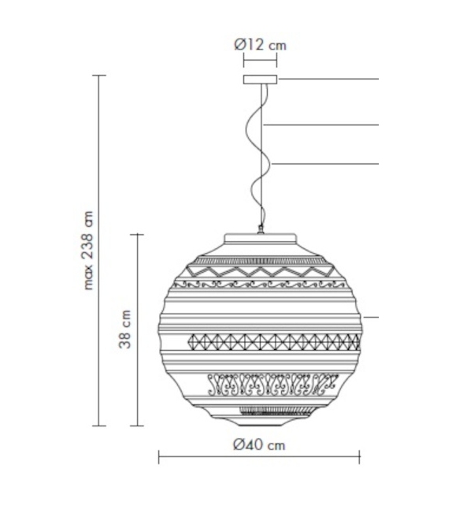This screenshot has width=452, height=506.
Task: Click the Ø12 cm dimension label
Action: (260, 45)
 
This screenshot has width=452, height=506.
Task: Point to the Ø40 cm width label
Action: (259, 445)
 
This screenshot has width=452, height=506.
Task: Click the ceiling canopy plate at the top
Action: (261, 80)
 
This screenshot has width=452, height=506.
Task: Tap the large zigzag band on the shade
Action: (260, 272)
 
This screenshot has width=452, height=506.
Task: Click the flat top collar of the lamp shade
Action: (261, 239)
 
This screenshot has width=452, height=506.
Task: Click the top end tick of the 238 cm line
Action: (98, 76)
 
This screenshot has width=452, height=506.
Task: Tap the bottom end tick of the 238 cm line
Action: (98, 426)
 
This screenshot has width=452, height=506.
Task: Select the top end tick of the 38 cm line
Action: (139, 234)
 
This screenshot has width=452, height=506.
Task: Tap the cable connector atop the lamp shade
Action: (261, 230)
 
